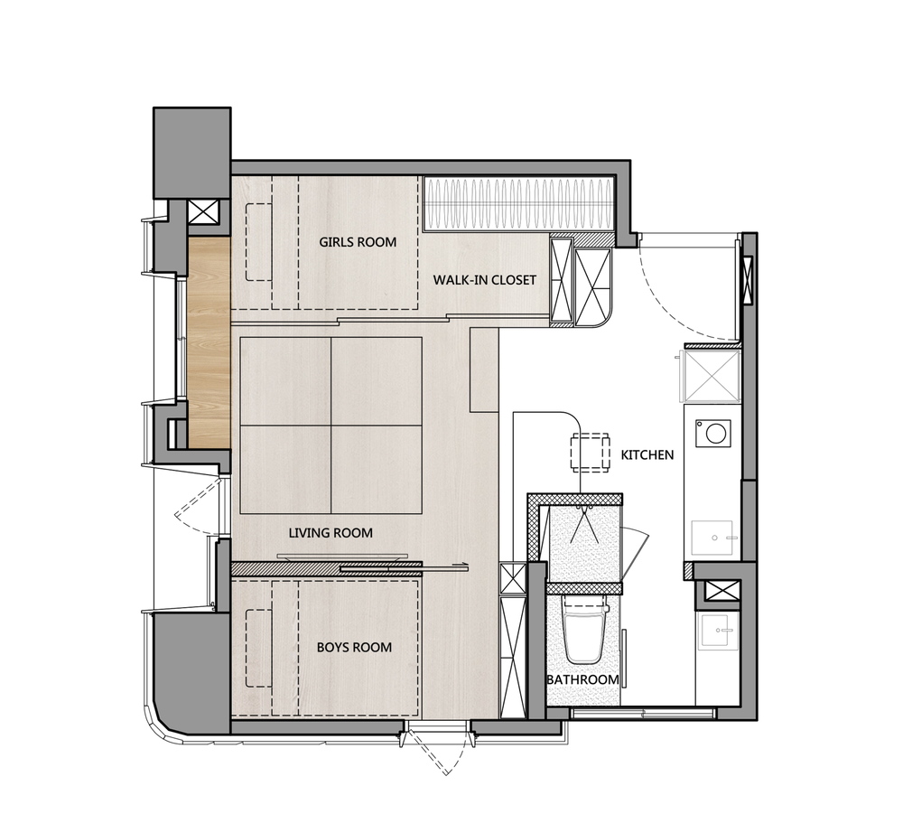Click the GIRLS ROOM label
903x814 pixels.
coord(358,242)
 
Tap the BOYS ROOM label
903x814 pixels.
coord(354,648)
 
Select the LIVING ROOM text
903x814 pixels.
coord(330,533)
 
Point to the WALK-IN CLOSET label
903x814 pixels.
coord(484,281)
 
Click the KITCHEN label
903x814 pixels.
coord(647,455)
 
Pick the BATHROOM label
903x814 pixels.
coord(582,679)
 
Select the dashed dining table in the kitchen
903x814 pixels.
coord(590,453)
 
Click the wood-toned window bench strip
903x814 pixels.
coord(209,342)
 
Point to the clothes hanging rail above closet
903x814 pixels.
coord(517,204)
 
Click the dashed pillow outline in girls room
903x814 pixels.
coord(259,242)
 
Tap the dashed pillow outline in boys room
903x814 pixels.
coord(259,648)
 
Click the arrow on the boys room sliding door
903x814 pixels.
coord(461,566)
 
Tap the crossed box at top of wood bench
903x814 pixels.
coord(204,212)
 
